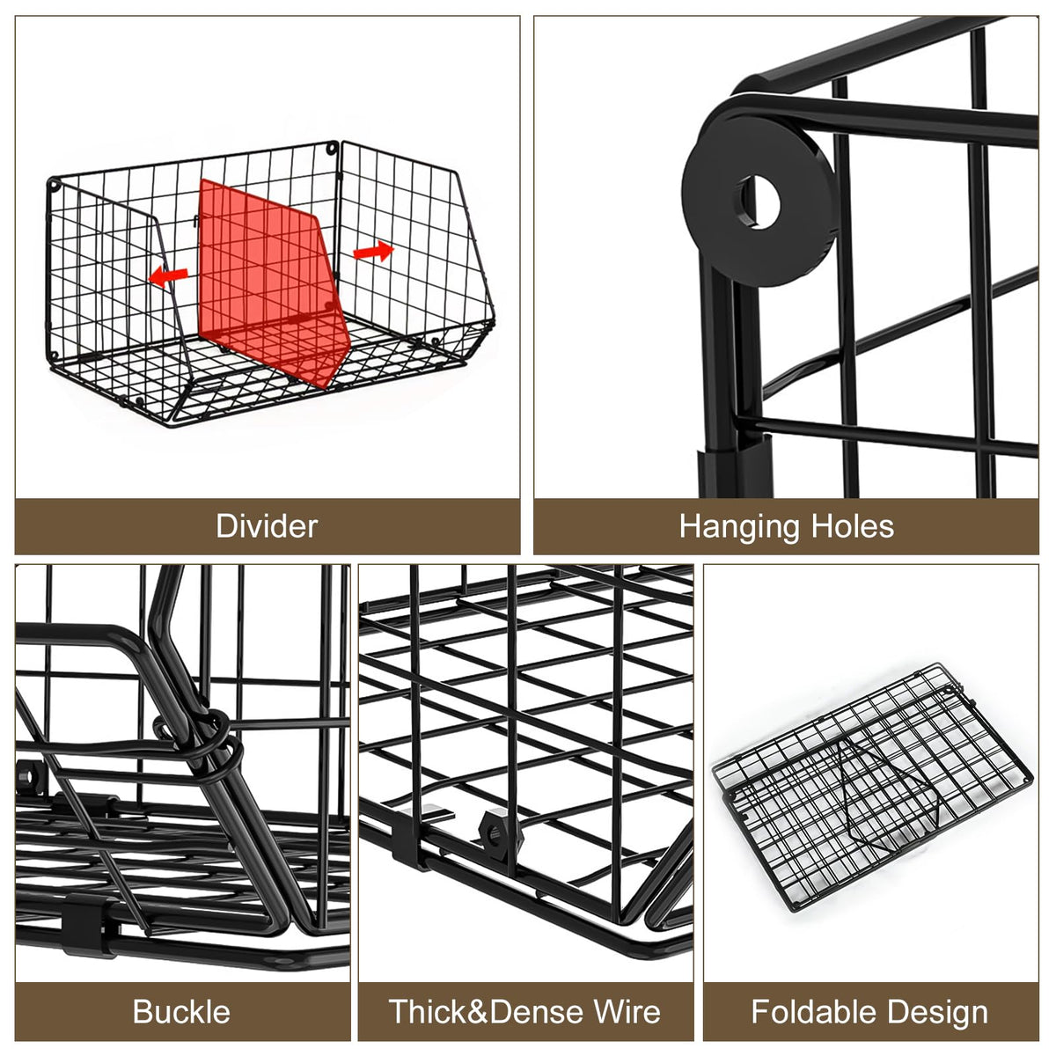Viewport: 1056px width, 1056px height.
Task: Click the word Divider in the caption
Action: click(x=267, y=526)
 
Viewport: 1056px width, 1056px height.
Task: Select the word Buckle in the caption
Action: click(x=181, y=1012)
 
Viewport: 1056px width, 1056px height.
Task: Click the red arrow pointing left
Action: click(x=169, y=275)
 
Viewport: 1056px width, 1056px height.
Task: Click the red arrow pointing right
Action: click(x=374, y=251)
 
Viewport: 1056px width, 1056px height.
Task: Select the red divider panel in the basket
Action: click(x=274, y=282)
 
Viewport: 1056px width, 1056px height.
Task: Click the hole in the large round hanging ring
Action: click(x=760, y=202)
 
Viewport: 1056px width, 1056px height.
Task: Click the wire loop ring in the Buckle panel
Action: click(x=217, y=736)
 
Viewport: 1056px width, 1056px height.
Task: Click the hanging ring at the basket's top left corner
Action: click(x=54, y=184)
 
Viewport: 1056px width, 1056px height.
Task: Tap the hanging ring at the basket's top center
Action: click(x=332, y=149)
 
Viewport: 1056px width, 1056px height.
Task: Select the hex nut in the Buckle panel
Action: click(x=31, y=776)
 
